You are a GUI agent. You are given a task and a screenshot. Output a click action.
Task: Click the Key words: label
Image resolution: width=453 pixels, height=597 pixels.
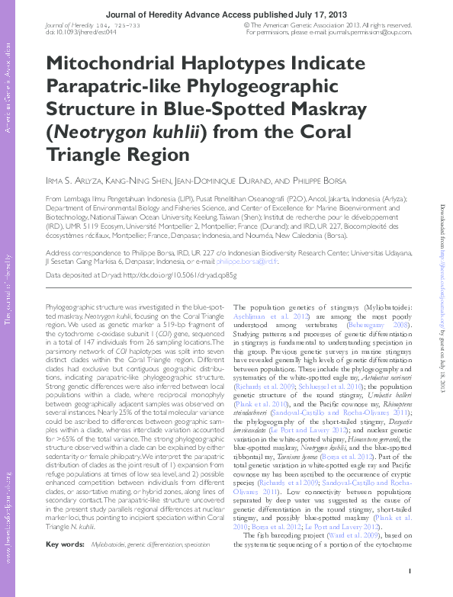pyautogui.click(x=65, y=544)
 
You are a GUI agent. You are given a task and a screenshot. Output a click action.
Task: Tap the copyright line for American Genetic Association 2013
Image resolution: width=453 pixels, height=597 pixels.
pyautogui.click(x=328, y=24)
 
